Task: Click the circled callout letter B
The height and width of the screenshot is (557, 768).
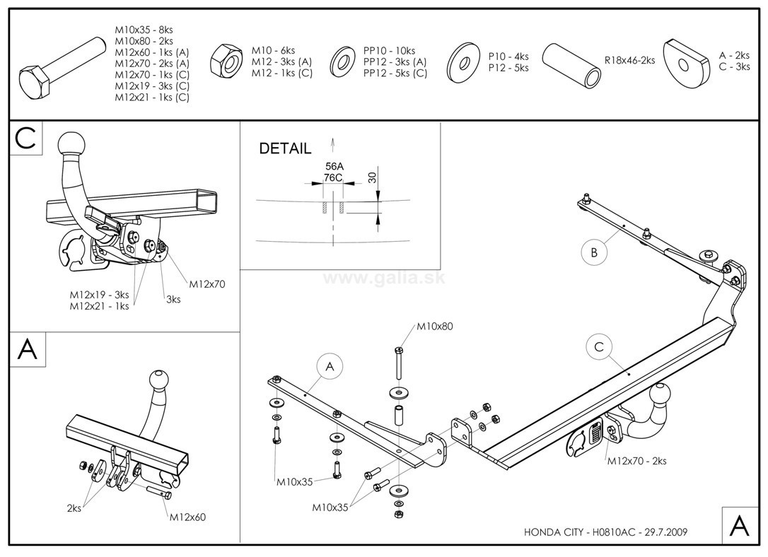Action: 595,251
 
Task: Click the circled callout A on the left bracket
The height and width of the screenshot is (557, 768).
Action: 329,366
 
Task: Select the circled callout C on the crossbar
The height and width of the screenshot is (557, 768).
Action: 598,346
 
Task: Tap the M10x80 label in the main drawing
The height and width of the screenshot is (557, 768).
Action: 434,327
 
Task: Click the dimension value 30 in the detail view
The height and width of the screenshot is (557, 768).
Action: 372,176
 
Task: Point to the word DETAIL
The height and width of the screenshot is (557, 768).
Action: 285,148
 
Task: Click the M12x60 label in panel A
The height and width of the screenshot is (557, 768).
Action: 187,517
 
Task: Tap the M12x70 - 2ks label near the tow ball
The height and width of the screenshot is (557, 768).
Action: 636,462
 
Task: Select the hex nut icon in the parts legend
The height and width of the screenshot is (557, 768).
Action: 228,61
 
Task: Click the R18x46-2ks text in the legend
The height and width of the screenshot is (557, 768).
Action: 629,60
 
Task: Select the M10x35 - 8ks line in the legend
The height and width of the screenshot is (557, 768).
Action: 144,30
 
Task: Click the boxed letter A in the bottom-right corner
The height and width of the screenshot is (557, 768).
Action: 739,525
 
